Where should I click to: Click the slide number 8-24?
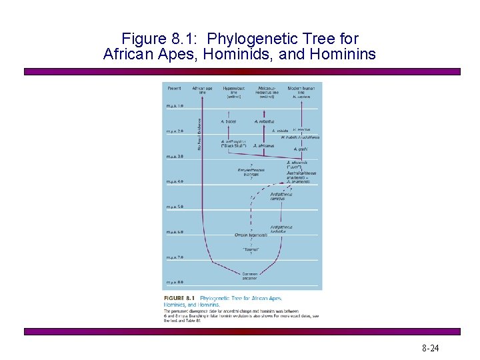coord(430,349)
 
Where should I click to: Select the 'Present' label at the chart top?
coord(174,88)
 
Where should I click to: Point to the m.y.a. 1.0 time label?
coord(175,106)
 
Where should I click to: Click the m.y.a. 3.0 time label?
coord(175,156)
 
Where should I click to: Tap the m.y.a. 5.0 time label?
coord(175,207)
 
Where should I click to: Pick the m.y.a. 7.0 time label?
coord(175,257)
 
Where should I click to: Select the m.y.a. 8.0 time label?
coord(175,282)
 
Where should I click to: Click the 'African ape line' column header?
coord(203,90)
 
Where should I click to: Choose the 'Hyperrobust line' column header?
coord(234,92)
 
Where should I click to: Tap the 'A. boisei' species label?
coord(229,121)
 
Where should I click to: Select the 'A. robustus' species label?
coord(265,121)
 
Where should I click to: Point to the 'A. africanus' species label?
coord(264,145)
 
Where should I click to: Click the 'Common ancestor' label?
coord(250,275)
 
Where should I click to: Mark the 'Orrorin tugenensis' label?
coord(251,235)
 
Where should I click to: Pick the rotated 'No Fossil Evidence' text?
coord(199,133)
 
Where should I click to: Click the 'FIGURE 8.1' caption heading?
coord(179,298)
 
